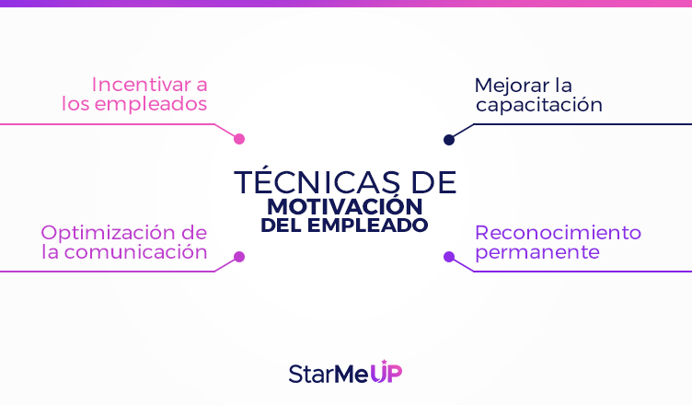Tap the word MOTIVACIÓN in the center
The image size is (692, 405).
click(345, 206)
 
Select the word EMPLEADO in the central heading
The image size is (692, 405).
click(368, 226)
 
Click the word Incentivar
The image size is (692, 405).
click(141, 85)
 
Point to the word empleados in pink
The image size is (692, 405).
click(151, 105)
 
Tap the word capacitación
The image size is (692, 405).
click(539, 105)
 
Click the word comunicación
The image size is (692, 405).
click(136, 252)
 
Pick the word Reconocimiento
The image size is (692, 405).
click(559, 233)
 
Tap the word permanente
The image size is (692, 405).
click(537, 253)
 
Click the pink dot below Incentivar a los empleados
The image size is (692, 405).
click(239, 139)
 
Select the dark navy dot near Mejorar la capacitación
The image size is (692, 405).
click(449, 140)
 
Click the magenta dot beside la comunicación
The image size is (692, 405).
click(239, 257)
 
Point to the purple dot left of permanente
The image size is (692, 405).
click(449, 257)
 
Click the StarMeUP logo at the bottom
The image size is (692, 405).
click(346, 372)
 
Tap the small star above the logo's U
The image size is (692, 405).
click(385, 362)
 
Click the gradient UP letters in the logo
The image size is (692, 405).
click(386, 373)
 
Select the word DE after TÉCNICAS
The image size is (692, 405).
click(433, 182)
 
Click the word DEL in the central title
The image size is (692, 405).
click(282, 226)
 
